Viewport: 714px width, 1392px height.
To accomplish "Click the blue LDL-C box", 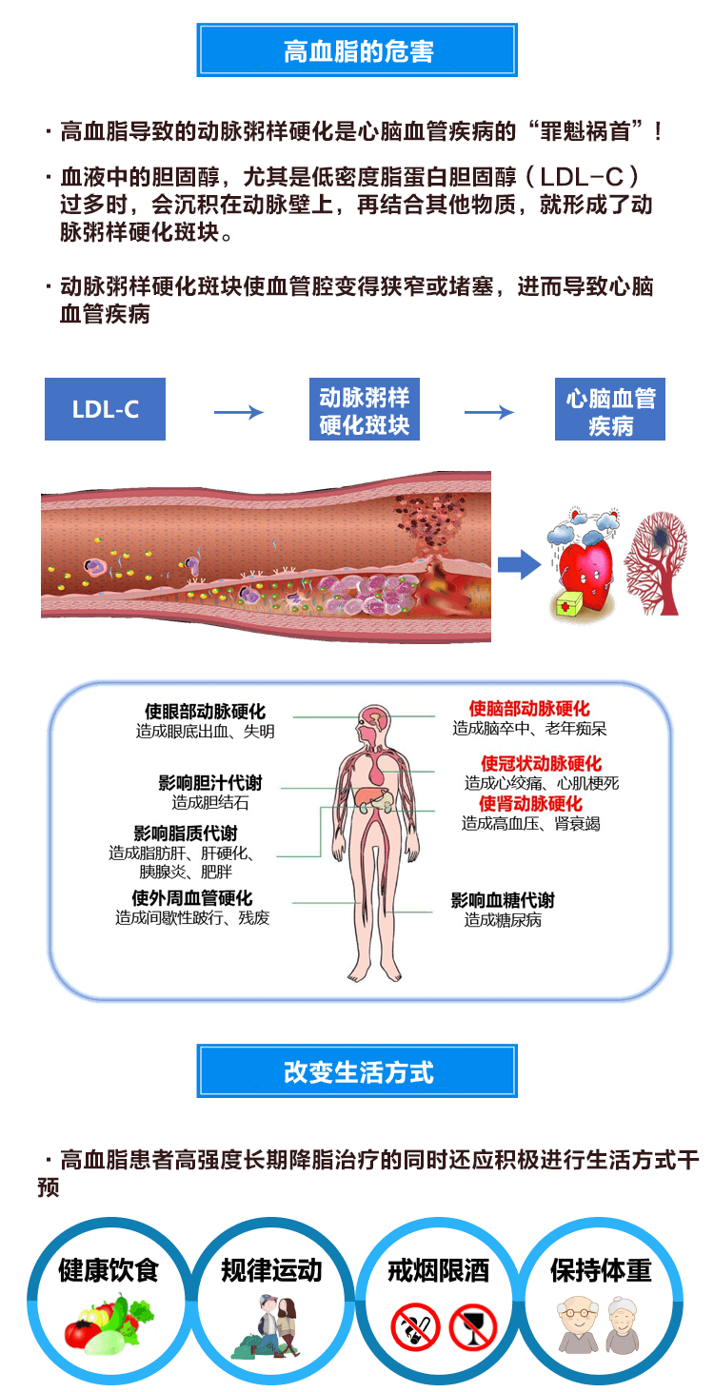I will pos(105,409).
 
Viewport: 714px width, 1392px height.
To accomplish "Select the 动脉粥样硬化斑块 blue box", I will pos(365,410).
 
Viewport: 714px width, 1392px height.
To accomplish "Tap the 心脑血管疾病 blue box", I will pos(610,410).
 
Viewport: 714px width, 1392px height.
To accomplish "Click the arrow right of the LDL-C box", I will pos(238,412).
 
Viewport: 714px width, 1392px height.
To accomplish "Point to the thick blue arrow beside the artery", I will pos(519,565).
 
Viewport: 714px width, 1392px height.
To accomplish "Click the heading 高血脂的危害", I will pos(357,50).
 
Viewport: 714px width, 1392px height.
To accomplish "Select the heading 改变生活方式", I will pos(357,1071).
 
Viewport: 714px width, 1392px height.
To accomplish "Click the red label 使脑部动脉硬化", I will pos(529,710).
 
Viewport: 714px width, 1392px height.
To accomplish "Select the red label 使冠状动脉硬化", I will pos(541,764).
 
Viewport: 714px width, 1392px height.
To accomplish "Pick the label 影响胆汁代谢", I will pos(209,783).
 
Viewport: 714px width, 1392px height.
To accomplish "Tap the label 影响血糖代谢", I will pos(503,900).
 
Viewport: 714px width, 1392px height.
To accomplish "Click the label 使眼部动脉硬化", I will pos(205,712).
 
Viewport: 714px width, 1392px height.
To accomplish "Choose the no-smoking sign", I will pos(415,1326).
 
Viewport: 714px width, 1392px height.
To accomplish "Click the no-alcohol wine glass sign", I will pos(473,1326).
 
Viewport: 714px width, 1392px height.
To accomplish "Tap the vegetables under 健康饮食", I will pos(108,1325).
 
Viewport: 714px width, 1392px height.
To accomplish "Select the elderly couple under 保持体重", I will pos(600,1325).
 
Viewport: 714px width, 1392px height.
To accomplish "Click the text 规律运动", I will pos(271,1270).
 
